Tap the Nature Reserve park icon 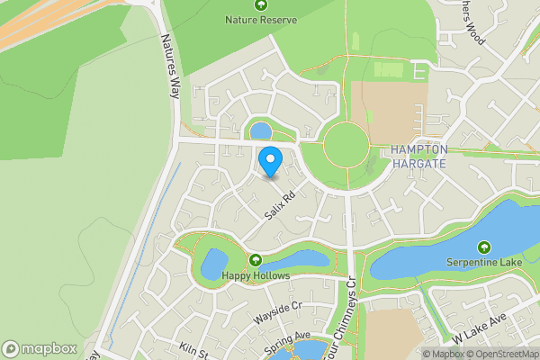pos(261,4)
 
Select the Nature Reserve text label pos(261,19)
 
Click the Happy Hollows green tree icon pos(256,260)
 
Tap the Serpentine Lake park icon pos(484,247)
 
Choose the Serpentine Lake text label pos(484,262)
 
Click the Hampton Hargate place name pos(420,157)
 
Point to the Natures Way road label pos(170,66)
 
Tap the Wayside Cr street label pos(275,314)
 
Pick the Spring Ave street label pos(287,344)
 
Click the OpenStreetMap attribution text pos(499,354)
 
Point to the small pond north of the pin pos(261,131)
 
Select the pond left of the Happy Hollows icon pos(214,265)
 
